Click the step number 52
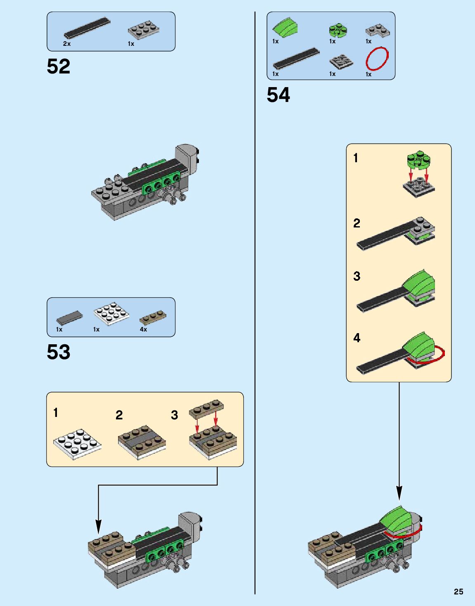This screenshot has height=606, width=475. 59,66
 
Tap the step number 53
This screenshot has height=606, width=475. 59,352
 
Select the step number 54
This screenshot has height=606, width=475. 278,95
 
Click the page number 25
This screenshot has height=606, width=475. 458,592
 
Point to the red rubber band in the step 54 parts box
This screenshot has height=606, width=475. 377,59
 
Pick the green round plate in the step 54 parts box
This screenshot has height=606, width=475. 338,30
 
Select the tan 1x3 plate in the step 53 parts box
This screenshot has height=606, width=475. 153,317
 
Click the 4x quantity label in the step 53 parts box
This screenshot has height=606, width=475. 143,329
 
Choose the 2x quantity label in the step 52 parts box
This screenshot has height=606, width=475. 67,44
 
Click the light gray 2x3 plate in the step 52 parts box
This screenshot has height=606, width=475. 144,30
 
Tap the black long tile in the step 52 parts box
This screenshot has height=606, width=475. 87,28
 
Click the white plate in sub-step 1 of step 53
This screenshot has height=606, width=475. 77,443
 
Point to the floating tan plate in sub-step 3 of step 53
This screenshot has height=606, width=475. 206,407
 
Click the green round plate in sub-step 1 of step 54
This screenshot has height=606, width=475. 418,160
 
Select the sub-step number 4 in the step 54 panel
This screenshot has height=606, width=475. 357,338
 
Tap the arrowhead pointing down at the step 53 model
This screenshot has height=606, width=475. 98,526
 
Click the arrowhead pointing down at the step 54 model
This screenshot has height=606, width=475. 399,492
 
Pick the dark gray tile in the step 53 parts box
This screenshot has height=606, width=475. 69,317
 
